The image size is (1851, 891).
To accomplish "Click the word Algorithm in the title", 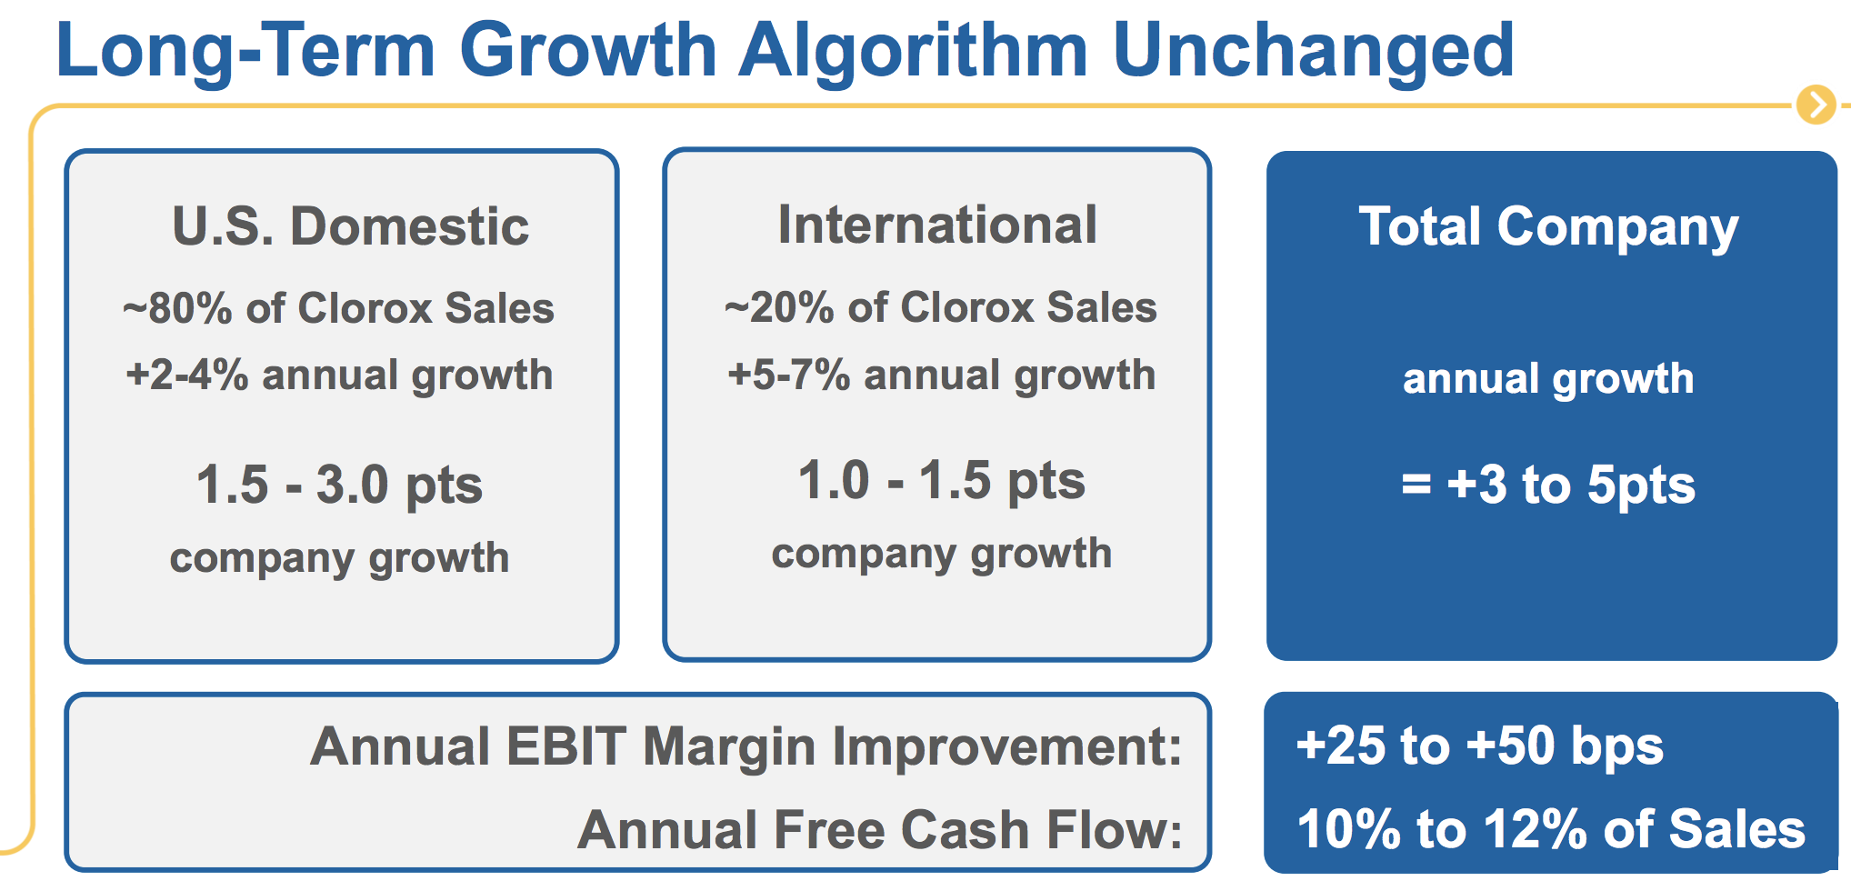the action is point(913,53).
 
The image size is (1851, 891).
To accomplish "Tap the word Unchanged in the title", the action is point(1313,51).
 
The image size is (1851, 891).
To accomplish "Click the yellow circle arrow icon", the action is point(1816,105).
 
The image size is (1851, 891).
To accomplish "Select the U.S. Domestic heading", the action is point(350,225).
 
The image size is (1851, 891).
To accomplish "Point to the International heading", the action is point(937,225).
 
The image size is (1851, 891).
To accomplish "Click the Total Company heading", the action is point(1548,227).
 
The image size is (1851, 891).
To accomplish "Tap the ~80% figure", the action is point(177,308).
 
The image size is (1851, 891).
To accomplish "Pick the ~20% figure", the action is point(779,307).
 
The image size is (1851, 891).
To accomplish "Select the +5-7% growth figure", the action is point(789,375).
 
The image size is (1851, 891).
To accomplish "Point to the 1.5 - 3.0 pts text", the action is point(340,485).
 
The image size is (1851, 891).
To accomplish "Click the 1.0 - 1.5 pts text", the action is point(942,481).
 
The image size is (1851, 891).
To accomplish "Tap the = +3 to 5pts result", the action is point(1548,485).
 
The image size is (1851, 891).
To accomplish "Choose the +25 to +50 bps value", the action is point(1480,746).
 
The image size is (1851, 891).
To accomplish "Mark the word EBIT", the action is point(565,746).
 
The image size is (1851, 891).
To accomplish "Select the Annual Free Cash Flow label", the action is point(880,829).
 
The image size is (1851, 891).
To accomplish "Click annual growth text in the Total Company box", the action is point(1548,379).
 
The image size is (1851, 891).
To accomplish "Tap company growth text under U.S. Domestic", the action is point(340,558).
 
